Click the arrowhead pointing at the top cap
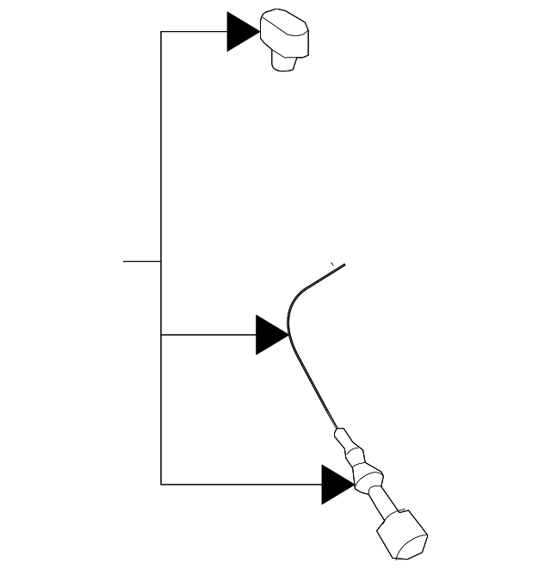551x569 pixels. point(241,32)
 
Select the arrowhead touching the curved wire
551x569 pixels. point(271,334)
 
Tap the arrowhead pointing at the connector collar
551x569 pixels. point(337,484)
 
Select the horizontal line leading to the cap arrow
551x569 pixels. point(194,32)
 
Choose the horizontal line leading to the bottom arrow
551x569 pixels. point(241,484)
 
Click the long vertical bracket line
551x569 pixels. point(161,172)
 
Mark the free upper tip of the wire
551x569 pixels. point(344,265)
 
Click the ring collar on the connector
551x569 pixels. point(368,475)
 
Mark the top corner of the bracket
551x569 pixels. point(161,32)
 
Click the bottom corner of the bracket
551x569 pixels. point(161,484)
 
